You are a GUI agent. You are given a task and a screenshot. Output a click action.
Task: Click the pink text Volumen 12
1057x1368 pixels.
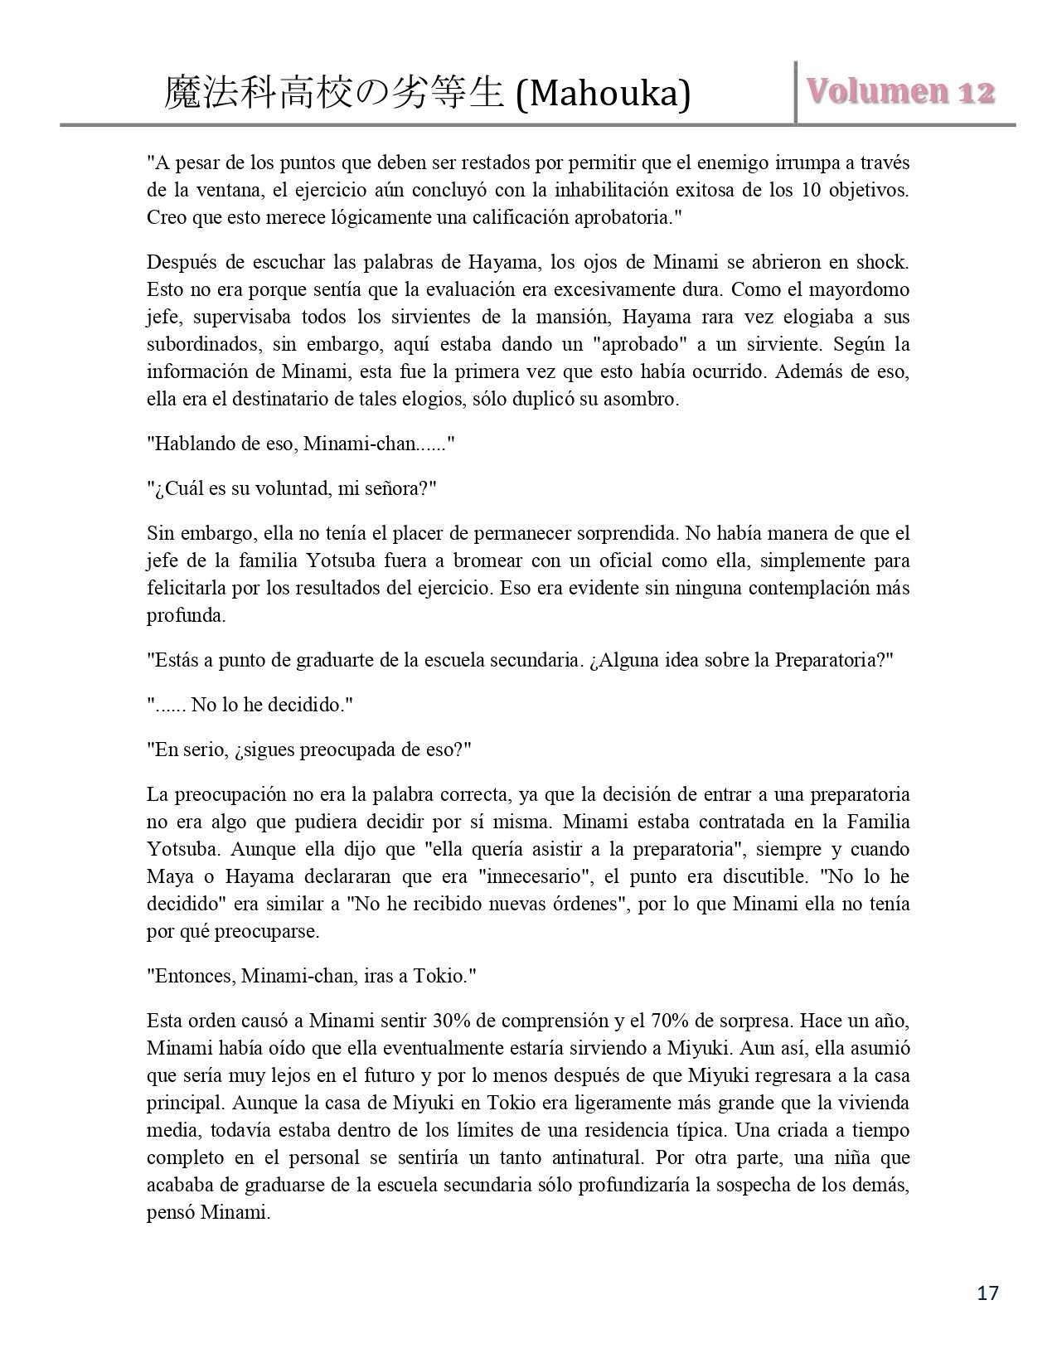902,92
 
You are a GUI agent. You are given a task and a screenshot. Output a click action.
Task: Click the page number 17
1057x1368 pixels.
988,1293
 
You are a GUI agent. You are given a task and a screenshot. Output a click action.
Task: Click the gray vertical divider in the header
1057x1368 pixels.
796,92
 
